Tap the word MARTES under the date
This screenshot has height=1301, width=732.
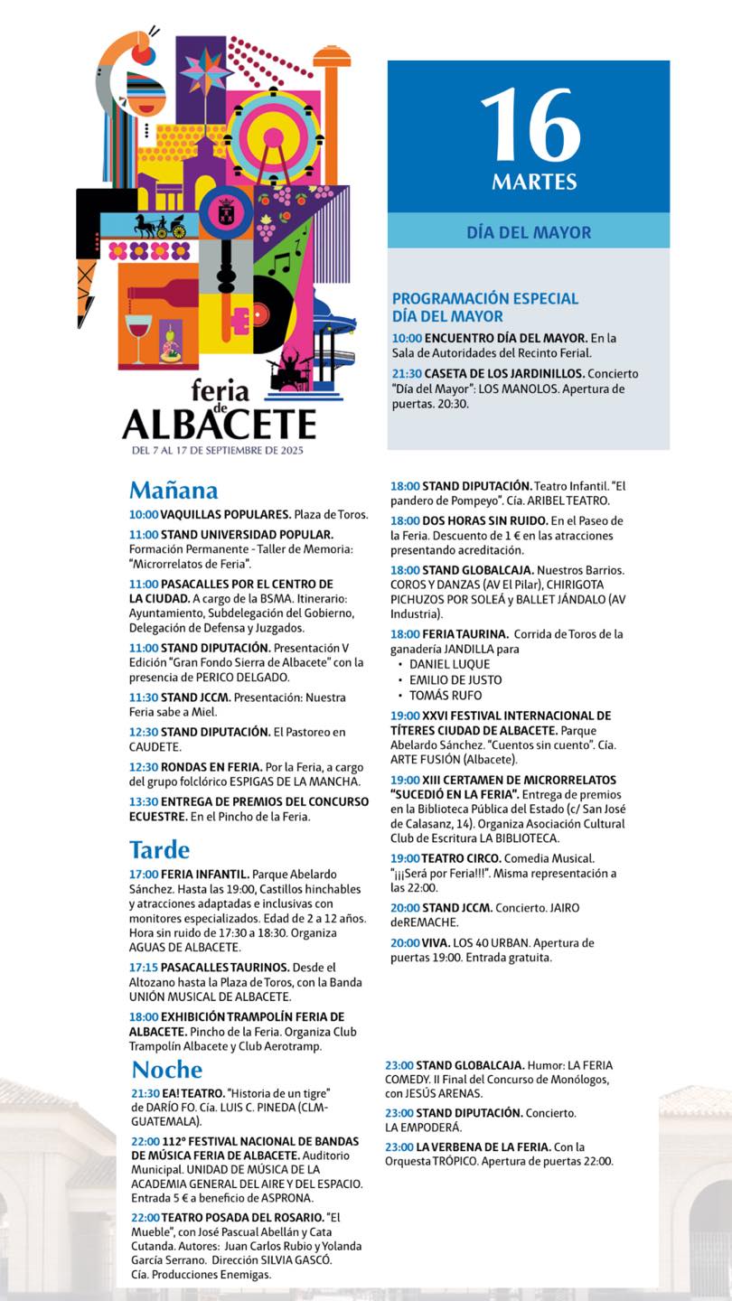click(x=534, y=182)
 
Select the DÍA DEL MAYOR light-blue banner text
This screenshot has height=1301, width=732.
click(x=529, y=232)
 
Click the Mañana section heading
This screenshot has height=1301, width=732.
click(x=174, y=491)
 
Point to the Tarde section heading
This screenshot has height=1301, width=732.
click(x=160, y=850)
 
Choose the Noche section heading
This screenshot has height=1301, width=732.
click(x=167, y=1070)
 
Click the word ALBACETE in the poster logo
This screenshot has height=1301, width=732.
click(x=220, y=424)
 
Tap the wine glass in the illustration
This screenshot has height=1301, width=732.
click(x=138, y=335)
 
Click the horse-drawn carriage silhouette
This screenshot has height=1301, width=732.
click(x=160, y=225)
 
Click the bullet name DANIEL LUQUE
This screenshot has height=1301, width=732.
click(x=449, y=664)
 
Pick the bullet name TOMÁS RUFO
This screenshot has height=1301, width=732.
click(x=446, y=696)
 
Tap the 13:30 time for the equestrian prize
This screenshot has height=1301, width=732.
click(x=144, y=801)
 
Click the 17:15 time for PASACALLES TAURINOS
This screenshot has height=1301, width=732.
click(x=144, y=967)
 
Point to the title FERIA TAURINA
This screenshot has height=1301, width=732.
click(x=465, y=634)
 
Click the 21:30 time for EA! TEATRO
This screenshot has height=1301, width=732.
click(x=145, y=1092)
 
